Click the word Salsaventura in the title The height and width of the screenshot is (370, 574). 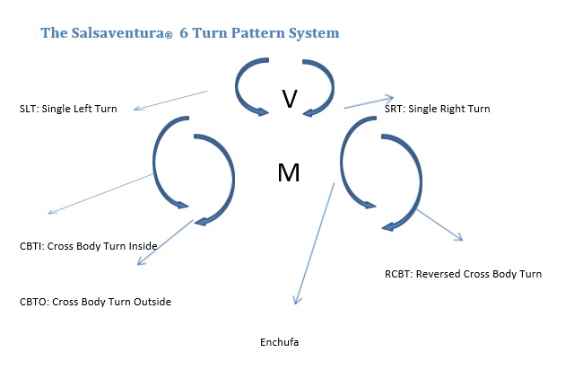click(x=117, y=32)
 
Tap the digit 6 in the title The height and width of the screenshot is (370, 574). click(x=184, y=33)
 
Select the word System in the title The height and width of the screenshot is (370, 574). click(x=314, y=33)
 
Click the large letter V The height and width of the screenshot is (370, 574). click(x=290, y=99)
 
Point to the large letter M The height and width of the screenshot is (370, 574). click(x=289, y=172)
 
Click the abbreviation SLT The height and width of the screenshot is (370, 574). click(x=28, y=109)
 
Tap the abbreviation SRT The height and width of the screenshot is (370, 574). click(x=394, y=109)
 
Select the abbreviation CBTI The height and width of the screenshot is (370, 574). click(x=30, y=246)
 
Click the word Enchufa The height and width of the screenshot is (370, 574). click(x=279, y=342)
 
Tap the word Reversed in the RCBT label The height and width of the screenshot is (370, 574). click(x=439, y=274)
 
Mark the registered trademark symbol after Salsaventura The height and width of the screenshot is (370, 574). click(x=169, y=35)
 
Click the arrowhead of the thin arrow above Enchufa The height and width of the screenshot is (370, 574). click(x=297, y=300)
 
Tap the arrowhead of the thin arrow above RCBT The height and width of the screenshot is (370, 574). click(x=459, y=237)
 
